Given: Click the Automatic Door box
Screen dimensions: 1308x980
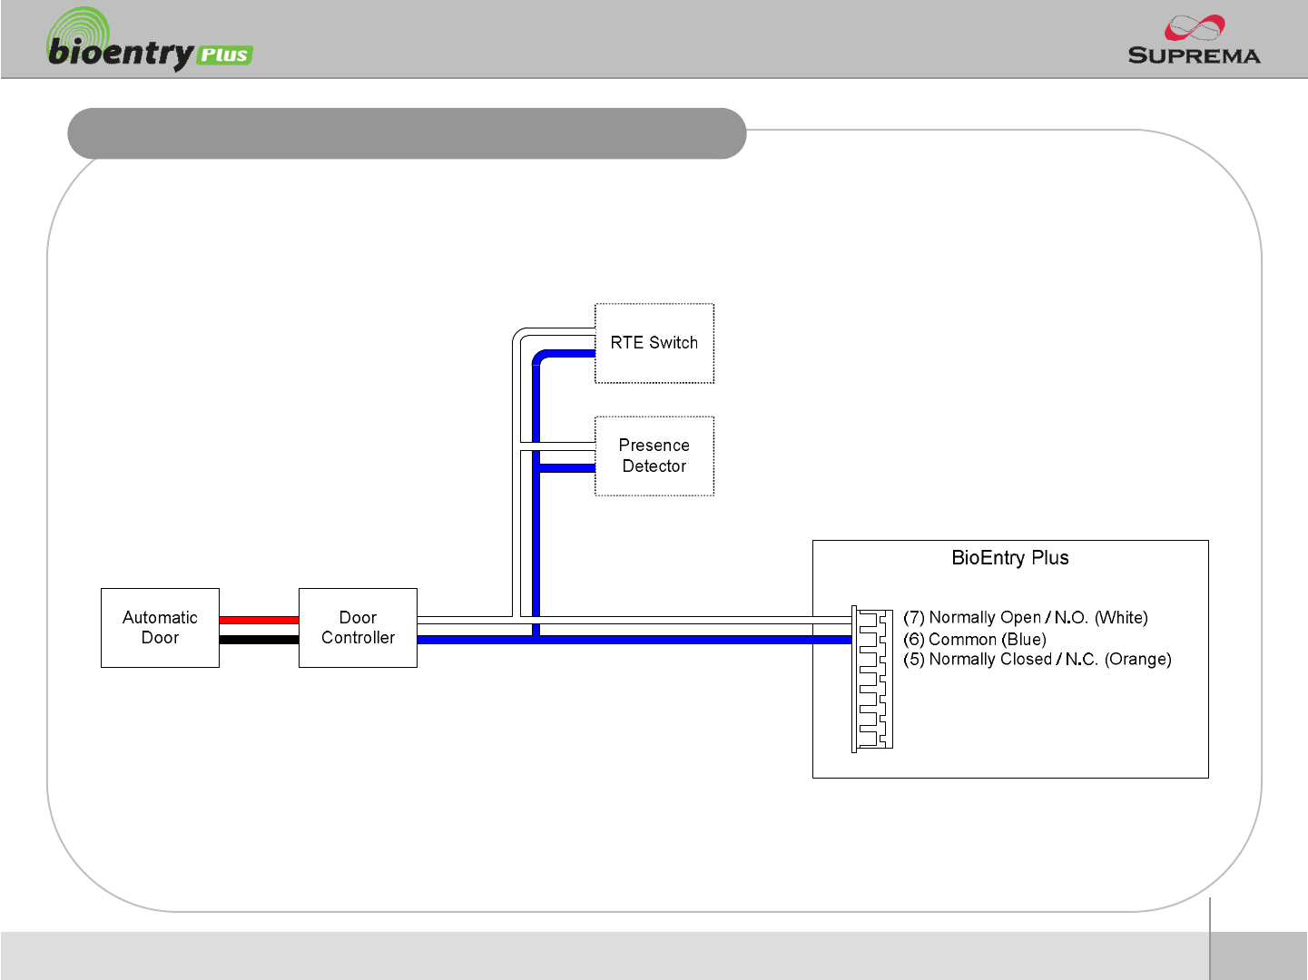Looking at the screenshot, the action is coord(160,627).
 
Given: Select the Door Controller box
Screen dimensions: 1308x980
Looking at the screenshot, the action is coord(358,627).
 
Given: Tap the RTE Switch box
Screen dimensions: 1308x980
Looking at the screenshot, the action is coord(654,343).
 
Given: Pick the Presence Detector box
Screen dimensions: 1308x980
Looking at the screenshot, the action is coord(654,456).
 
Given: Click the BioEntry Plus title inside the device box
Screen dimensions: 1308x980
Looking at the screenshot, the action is coord(1009,558).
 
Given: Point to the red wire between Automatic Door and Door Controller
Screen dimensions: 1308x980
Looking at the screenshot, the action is coord(259,620).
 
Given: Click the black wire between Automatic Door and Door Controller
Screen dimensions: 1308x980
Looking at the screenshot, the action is coord(259,639).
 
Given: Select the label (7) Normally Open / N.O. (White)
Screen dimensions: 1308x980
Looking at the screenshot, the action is coord(1025,617).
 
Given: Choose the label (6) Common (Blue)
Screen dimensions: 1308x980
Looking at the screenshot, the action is coord(974,639).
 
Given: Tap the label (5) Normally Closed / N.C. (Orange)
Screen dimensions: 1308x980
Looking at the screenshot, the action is coord(1037,660).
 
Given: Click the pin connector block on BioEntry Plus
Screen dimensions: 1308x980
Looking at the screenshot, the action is coord(871,679).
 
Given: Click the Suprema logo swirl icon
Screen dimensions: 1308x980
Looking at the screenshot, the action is coord(1195,27).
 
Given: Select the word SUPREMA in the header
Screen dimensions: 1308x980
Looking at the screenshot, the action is coord(1194,54).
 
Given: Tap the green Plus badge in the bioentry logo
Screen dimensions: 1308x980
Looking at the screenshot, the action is coord(224,54).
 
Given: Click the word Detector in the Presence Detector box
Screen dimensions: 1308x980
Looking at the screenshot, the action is coord(654,465).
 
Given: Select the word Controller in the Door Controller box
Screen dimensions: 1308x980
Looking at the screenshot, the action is coord(358,637).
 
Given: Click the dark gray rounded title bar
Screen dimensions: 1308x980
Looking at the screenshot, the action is coord(407,133).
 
